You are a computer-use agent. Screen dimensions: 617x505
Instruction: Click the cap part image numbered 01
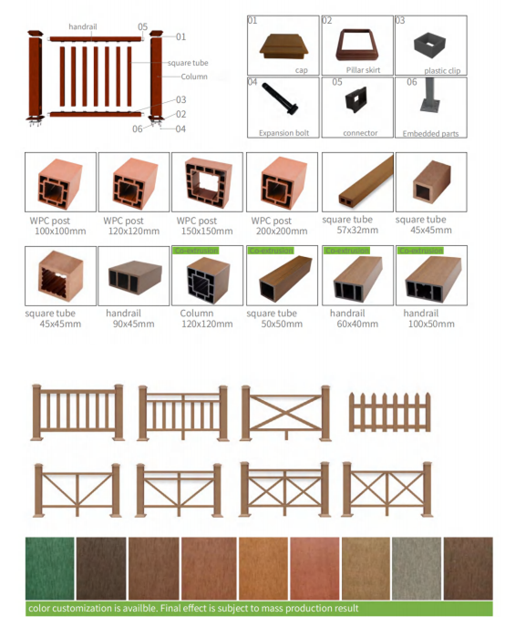[x=282, y=45]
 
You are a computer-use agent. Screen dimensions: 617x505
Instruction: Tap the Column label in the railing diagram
[x=193, y=77]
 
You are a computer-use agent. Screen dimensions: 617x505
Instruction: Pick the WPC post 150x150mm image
[x=207, y=182]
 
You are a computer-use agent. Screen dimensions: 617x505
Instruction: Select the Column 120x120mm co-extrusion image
[x=207, y=277]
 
